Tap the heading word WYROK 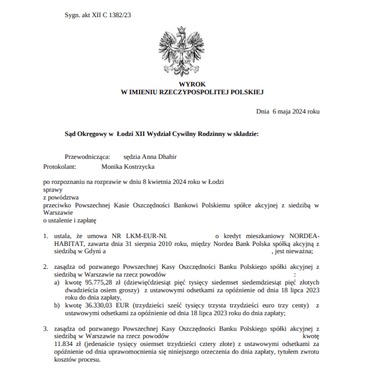pyautogui.click(x=192, y=84)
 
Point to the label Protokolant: pyautogui.click(x=60, y=167)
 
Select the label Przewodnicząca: pyautogui.click(x=87, y=157)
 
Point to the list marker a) pyautogui.click(x=56, y=283)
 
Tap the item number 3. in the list pyautogui.click(x=46, y=328)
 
